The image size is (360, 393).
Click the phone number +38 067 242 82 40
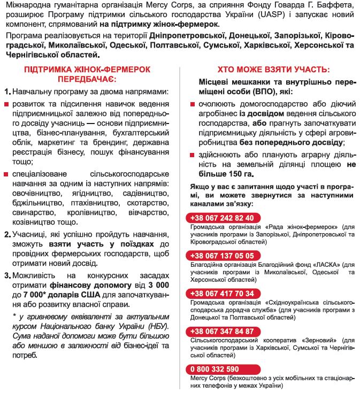(x=220, y=218)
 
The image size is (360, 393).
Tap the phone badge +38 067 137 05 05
(x=220, y=256)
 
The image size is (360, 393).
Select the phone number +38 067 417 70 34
(x=220, y=293)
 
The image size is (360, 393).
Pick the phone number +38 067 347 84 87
(x=220, y=331)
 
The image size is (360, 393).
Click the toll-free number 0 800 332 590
(x=213, y=369)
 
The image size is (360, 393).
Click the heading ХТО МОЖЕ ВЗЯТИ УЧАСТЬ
(x=273, y=70)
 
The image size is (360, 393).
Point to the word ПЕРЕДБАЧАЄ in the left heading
(x=87, y=79)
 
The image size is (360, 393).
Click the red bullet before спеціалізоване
(x=6, y=174)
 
